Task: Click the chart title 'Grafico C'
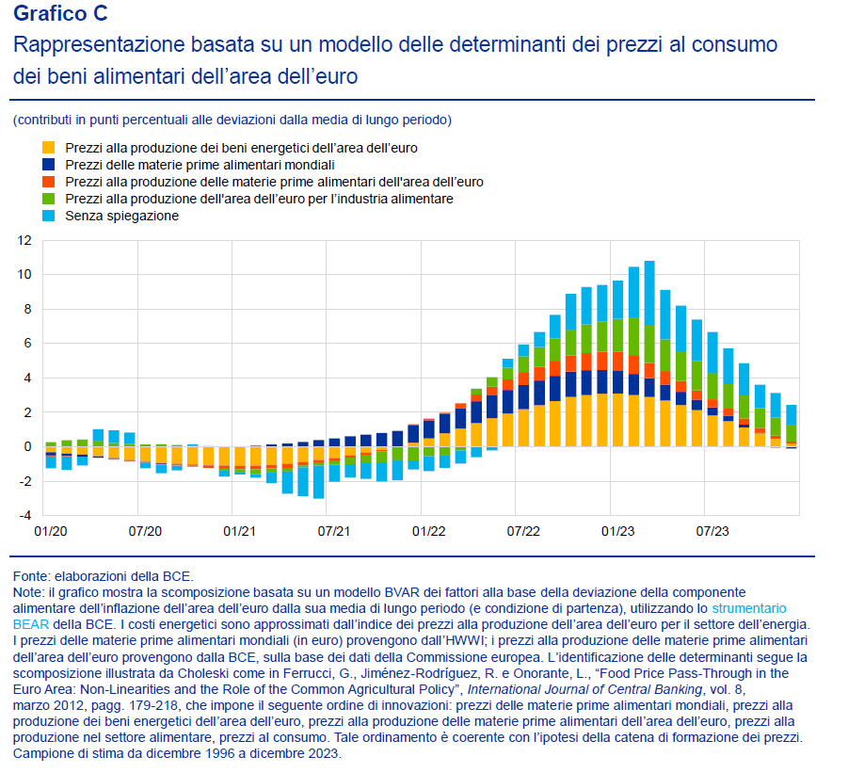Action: tap(60, 13)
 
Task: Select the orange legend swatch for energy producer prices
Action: tap(49, 148)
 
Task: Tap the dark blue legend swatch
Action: tap(49, 165)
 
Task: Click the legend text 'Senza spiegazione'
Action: tap(122, 216)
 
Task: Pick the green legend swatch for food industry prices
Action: tap(49, 199)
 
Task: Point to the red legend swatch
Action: tap(49, 182)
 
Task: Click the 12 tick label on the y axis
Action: tap(24, 241)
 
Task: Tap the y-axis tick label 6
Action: tap(27, 344)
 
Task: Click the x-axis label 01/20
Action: tap(50, 532)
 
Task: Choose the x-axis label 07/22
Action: tap(523, 532)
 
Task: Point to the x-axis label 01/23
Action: tap(617, 532)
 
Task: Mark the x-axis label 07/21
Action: tap(334, 532)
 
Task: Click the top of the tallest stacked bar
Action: tap(649, 262)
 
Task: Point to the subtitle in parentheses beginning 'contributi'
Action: tap(232, 120)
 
